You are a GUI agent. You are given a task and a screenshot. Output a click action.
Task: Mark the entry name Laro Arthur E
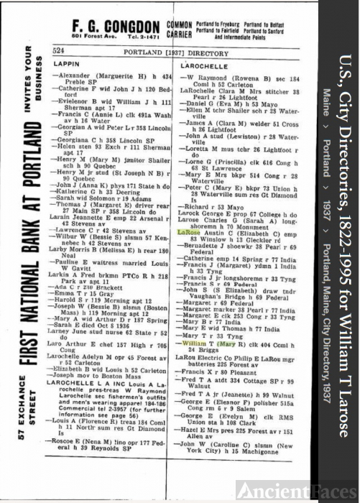coord(73,323)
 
